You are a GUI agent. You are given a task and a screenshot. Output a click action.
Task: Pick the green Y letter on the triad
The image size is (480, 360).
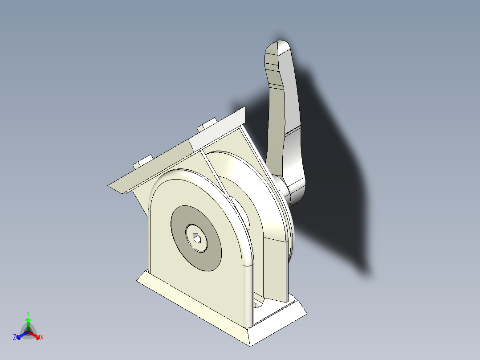point(28,313)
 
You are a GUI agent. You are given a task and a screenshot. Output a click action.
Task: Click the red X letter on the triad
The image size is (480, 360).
point(42,338)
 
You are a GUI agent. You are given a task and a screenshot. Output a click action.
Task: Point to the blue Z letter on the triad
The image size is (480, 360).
point(15,338)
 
